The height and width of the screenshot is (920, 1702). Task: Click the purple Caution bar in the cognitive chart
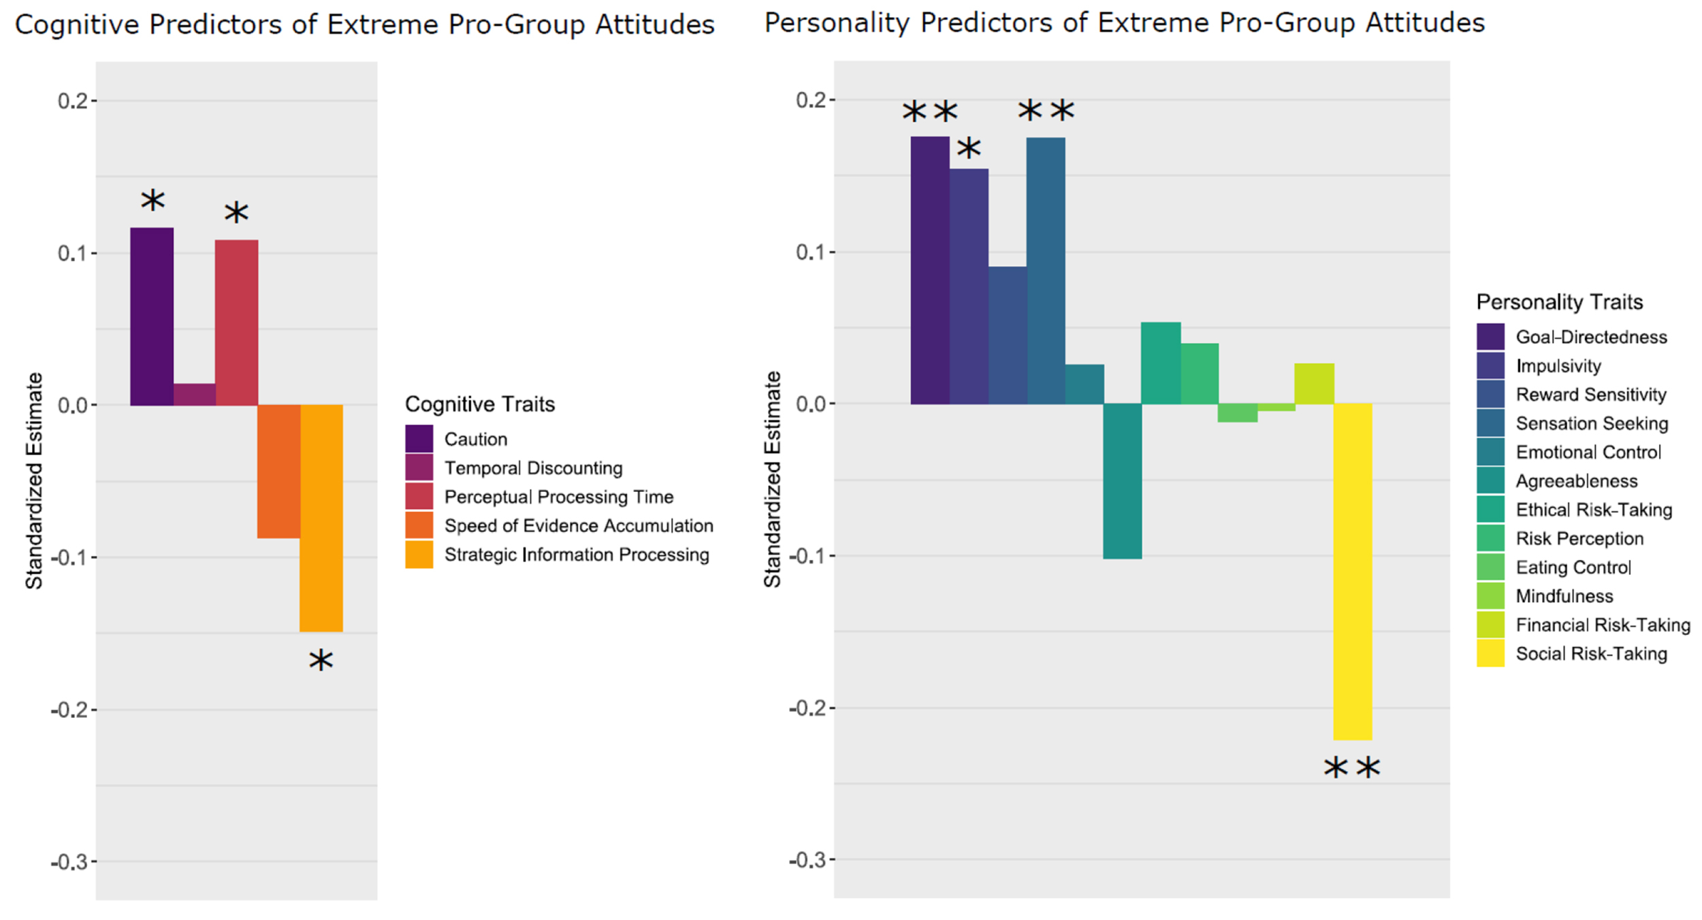coord(152,316)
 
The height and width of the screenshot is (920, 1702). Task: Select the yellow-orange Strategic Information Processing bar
coord(321,518)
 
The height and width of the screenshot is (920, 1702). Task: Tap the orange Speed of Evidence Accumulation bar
coord(278,471)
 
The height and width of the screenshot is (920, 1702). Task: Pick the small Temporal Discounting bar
coord(195,395)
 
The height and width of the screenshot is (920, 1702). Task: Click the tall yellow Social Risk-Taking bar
coord(1352,572)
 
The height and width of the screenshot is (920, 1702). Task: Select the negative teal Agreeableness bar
coord(1122,481)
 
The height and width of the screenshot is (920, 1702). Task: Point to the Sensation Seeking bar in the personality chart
coord(1046,271)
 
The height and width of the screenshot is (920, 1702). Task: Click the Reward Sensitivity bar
coord(1007,335)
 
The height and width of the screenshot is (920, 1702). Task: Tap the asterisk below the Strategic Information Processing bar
coord(321,660)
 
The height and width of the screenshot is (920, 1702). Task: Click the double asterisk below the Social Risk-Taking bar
coord(1351,769)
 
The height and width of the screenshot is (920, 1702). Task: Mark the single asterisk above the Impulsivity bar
coord(969,148)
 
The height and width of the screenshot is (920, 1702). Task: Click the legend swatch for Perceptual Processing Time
coord(419,497)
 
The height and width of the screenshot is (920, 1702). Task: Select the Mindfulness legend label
coord(1564,596)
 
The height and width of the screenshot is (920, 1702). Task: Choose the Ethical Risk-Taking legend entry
coord(1593,510)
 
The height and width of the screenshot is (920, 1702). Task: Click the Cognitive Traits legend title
coord(480,404)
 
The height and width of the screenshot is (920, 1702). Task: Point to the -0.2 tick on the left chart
coord(69,710)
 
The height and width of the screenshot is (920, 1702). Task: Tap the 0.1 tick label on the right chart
coord(810,252)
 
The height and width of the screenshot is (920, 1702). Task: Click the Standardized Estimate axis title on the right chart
coord(772,479)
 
